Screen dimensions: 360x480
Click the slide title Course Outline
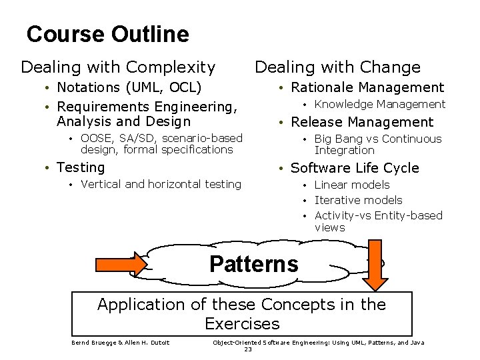[x=107, y=34]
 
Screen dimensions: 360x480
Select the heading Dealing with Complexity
[x=118, y=67]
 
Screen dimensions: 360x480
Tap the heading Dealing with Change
[x=337, y=67]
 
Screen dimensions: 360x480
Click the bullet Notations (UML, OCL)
[x=129, y=87]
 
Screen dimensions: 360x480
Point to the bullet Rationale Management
[x=367, y=87]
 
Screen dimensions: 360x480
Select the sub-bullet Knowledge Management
[x=379, y=104]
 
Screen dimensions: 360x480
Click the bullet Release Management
[x=361, y=122]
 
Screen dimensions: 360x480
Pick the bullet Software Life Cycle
[x=355, y=168]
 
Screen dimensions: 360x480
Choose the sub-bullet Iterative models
[x=358, y=200]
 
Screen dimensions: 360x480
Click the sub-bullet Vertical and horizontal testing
[x=161, y=184]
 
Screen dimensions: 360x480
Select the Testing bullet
[x=81, y=167]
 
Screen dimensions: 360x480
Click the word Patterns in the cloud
[x=253, y=264]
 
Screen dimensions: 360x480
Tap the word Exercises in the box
[x=242, y=324]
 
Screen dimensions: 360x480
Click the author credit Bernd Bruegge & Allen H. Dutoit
[x=120, y=343]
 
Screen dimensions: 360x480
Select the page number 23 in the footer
[x=248, y=349]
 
